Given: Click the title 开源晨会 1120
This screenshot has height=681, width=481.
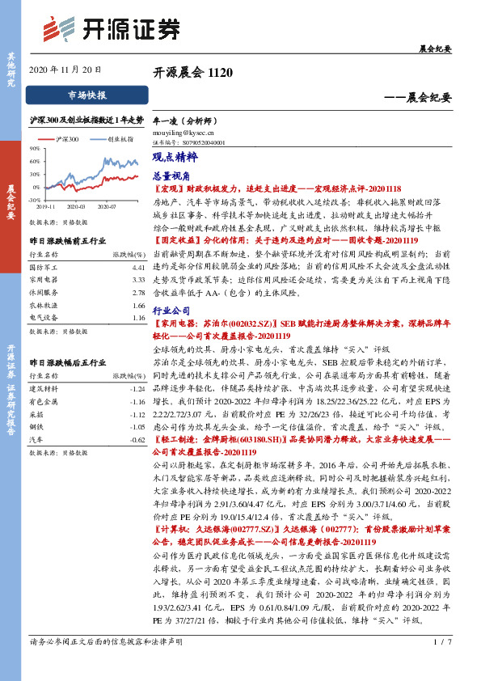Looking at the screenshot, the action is [x=192, y=72].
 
